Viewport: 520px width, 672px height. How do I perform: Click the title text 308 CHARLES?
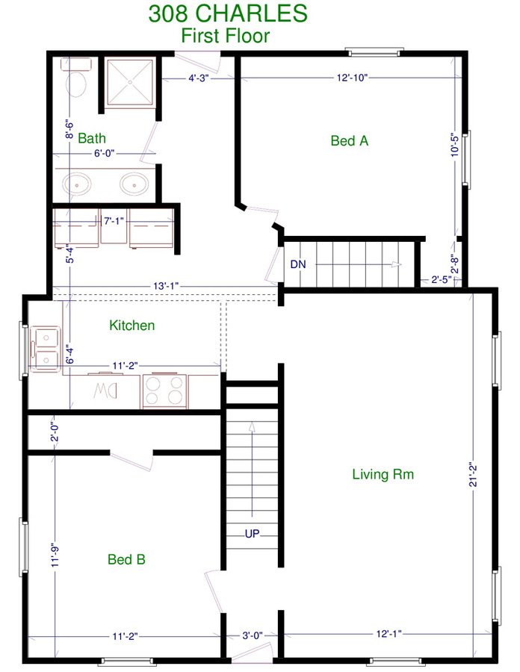tap(228, 13)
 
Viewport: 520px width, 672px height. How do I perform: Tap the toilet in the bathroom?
tap(76, 78)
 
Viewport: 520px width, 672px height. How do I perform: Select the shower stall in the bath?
tap(130, 82)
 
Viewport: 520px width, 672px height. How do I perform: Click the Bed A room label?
tap(350, 140)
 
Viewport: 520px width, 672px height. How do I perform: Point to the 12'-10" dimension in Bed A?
tap(352, 78)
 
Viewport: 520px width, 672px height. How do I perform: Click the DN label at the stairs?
tap(298, 264)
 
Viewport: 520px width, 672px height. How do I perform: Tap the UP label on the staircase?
tap(252, 534)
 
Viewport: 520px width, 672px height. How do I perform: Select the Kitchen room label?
tap(132, 326)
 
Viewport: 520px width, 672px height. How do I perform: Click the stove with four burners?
tap(165, 391)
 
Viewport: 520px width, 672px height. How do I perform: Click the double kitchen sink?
tap(45, 349)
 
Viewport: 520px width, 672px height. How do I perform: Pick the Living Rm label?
tap(383, 474)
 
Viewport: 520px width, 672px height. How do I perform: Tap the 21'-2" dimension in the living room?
tap(473, 474)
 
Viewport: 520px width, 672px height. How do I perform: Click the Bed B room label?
tap(126, 559)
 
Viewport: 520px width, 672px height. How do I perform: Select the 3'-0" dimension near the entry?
tap(252, 635)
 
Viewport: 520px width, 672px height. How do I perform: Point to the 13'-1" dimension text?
tap(166, 286)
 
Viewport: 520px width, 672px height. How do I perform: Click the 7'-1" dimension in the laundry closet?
tap(114, 221)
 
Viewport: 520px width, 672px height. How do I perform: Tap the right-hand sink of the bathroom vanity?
tap(134, 184)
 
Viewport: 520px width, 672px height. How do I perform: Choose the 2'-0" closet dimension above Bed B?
tap(55, 432)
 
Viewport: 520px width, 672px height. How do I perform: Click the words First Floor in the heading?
tap(225, 36)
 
